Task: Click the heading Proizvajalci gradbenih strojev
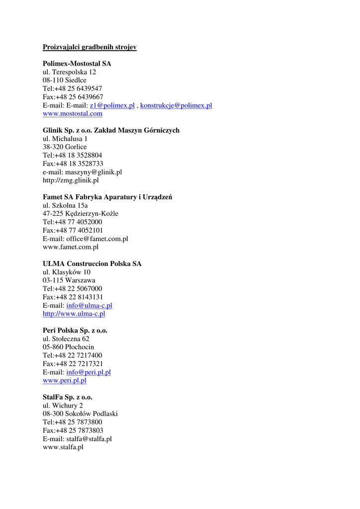coord(90,47)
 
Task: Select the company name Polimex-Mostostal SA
coord(77,64)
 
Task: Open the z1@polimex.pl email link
coord(112,105)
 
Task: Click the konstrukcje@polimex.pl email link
coord(176,105)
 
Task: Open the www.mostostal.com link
coord(73,114)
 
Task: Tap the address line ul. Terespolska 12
coord(69,72)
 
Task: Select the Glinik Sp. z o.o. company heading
coord(111,130)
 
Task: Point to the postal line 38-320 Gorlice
coord(65,147)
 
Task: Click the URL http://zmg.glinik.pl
coord(71,180)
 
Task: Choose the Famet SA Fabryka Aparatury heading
coord(107,197)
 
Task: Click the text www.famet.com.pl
coord(71,247)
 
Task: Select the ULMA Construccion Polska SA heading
coord(92,264)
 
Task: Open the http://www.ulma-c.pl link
coord(74,314)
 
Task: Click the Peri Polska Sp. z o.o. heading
coord(75,331)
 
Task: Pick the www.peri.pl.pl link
coord(65,381)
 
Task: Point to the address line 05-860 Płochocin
coord(68,347)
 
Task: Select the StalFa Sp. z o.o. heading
coord(68,397)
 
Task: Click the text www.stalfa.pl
coord(63,447)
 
